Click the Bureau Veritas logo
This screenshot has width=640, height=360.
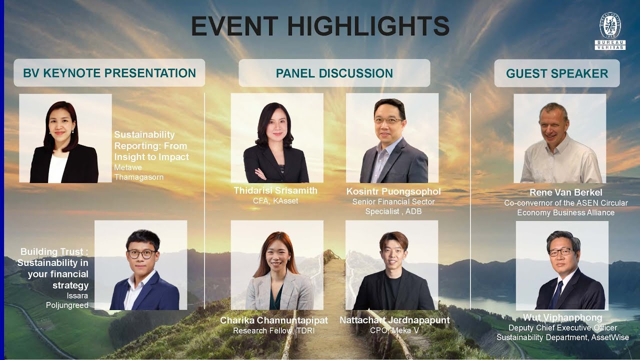tap(609, 31)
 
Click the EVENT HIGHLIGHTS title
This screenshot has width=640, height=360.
tap(320, 26)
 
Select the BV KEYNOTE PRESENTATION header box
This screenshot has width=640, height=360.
tap(109, 73)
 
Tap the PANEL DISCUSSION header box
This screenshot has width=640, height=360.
tap(334, 73)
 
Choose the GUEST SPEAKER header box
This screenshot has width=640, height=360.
tap(557, 73)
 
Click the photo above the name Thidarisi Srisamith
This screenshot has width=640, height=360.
tap(277, 138)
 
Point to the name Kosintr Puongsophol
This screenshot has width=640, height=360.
tap(393, 191)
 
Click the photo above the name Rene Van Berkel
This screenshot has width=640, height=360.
tap(560, 138)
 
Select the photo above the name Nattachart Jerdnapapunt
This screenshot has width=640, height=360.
tap(392, 265)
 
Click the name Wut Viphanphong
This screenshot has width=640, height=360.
tap(562, 317)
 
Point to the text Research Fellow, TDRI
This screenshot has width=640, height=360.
tap(274, 330)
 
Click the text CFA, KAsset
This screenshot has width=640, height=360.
tap(275, 201)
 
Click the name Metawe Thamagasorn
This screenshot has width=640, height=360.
tap(138, 172)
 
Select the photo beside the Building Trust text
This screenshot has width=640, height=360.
tap(140, 265)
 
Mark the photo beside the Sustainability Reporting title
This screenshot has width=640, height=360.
tap(65, 138)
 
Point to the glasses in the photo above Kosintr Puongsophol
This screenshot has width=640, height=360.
tap(388, 120)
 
